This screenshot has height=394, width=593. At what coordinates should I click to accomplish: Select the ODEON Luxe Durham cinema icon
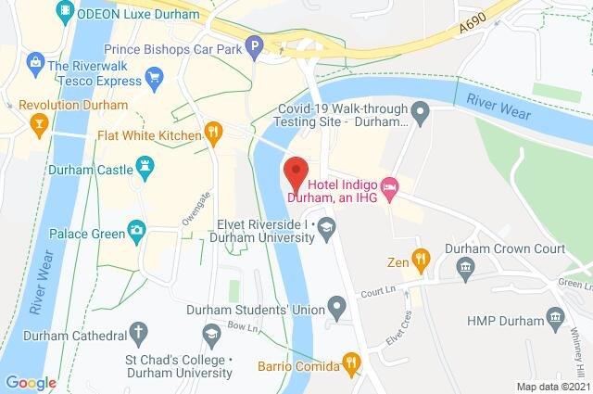(x=65, y=11)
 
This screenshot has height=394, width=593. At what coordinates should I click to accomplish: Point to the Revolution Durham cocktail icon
(x=39, y=123)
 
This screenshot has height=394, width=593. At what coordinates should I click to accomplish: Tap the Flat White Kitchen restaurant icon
(x=213, y=133)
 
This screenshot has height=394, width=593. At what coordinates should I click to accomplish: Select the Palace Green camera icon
(x=136, y=229)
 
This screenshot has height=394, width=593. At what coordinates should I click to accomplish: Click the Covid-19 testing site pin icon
(x=419, y=115)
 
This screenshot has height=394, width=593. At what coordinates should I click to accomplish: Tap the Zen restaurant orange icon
(x=422, y=262)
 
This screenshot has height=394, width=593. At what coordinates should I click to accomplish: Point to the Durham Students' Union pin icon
(x=338, y=305)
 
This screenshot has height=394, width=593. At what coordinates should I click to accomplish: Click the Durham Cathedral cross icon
(x=137, y=330)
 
